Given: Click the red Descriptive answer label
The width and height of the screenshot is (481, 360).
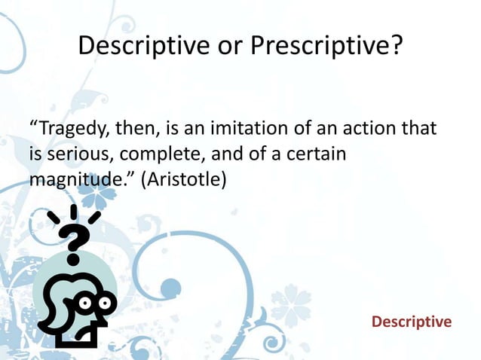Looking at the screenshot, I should tap(411, 322).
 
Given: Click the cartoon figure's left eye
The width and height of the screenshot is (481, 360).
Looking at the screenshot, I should tap(83, 304).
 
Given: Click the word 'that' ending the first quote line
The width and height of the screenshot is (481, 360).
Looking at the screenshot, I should tap(419, 125).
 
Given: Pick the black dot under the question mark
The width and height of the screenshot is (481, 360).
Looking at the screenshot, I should tap(73, 258).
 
